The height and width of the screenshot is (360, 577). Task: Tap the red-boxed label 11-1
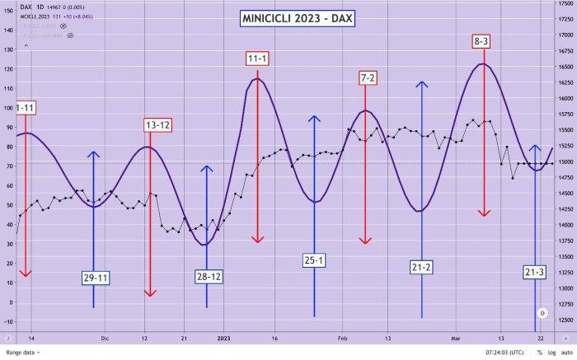[x=257, y=58]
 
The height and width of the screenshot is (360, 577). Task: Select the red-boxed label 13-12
[x=157, y=125]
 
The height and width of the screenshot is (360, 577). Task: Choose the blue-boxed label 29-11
[x=96, y=278]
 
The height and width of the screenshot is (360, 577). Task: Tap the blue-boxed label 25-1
[x=314, y=260]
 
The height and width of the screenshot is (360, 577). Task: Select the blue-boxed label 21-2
[x=422, y=267]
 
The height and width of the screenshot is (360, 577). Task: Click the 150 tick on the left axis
[x=8, y=11]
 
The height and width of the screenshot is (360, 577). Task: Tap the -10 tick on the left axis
[x=8, y=320]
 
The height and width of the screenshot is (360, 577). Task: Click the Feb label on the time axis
[x=343, y=338]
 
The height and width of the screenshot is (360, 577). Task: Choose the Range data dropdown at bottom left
[x=24, y=353]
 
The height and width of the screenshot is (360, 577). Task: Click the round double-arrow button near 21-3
[x=542, y=313]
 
